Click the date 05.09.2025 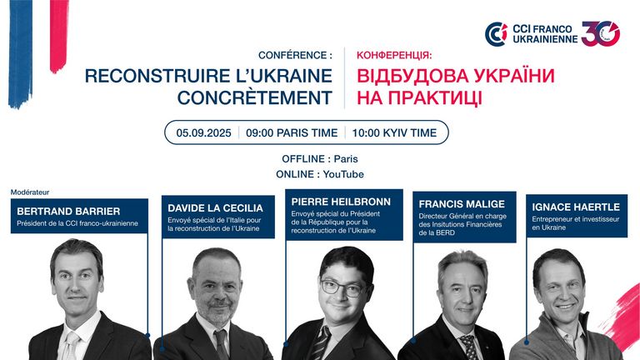(203, 132)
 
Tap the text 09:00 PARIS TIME (292, 132)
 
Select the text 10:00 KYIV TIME (394, 132)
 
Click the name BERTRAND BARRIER (68, 212)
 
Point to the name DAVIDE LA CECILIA (215, 208)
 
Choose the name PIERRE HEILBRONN (341, 202)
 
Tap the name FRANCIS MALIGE (462, 204)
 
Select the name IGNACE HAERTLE (576, 207)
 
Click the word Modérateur (30, 192)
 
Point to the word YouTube (343, 174)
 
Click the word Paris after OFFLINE (346, 159)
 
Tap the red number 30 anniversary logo (601, 33)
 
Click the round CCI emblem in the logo (496, 34)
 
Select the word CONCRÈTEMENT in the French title (255, 98)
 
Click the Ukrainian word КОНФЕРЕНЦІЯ (394, 55)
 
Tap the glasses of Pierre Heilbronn (342, 287)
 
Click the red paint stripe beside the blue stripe (59, 36)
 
